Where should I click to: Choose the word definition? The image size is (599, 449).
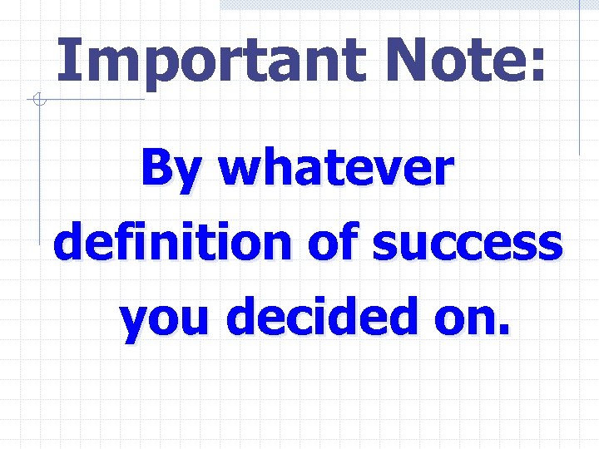coord(161,244)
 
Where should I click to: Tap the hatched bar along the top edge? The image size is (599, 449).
coord(399,4)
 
